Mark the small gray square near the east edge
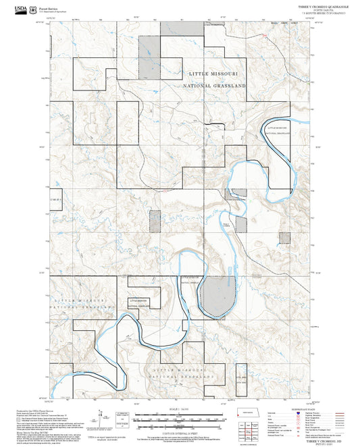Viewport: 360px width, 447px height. tap(284, 238)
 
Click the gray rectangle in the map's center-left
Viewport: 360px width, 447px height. tap(155, 221)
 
